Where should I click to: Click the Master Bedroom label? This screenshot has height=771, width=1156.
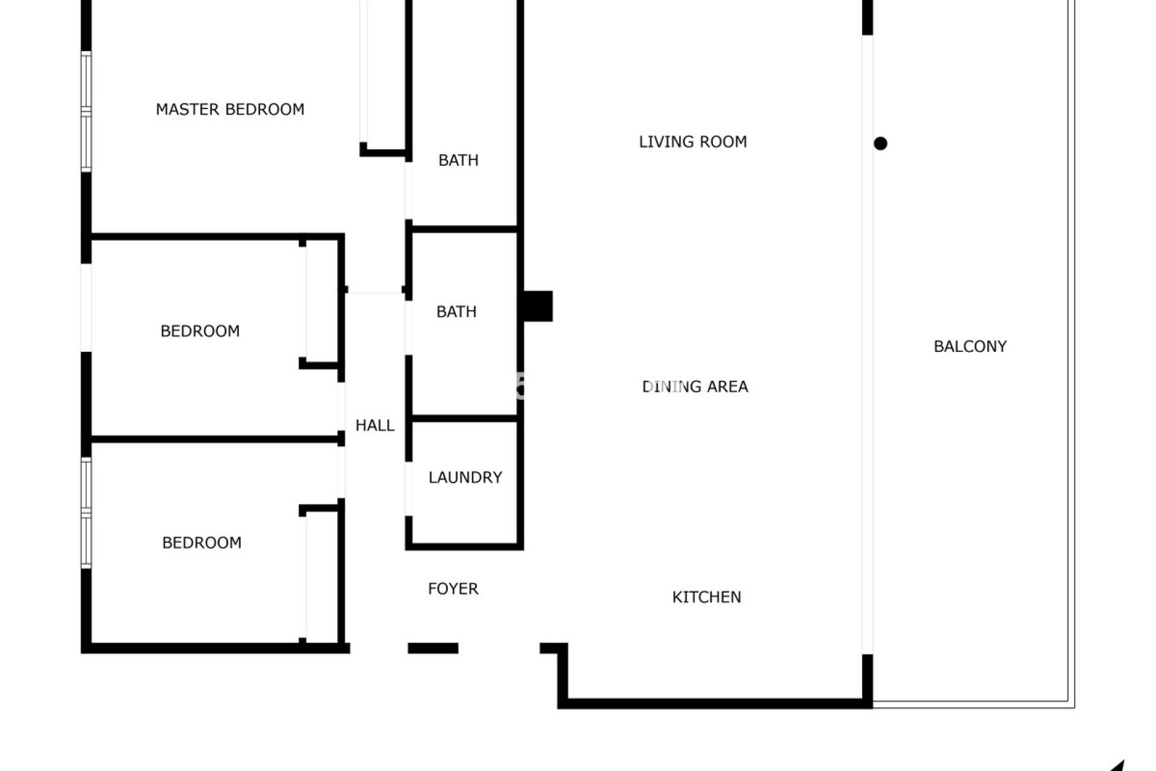tap(230, 110)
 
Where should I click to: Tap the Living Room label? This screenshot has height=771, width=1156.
tap(692, 142)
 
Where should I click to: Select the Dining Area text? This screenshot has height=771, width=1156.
tap(695, 387)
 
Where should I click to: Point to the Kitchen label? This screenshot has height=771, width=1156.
tap(706, 597)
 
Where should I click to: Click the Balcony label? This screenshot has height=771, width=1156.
tap(970, 346)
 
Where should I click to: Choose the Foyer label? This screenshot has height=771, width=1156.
tap(453, 588)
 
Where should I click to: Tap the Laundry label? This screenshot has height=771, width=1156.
tap(465, 478)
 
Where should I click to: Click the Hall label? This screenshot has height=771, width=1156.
tap(374, 426)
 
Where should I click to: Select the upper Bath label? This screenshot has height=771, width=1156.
tap(458, 160)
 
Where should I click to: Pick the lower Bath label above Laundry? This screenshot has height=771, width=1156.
tap(456, 312)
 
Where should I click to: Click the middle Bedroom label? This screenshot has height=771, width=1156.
tap(200, 331)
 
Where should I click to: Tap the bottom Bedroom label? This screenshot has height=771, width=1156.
tap(202, 543)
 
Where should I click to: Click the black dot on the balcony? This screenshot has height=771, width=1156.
tap(880, 143)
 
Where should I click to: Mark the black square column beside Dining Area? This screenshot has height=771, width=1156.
tap(538, 306)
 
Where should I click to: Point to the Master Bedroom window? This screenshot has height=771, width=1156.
tap(87, 112)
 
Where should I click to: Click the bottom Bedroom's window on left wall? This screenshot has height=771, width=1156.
tap(87, 513)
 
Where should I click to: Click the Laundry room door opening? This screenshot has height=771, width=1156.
tap(409, 489)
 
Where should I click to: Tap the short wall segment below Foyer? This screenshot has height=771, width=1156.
tap(433, 648)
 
